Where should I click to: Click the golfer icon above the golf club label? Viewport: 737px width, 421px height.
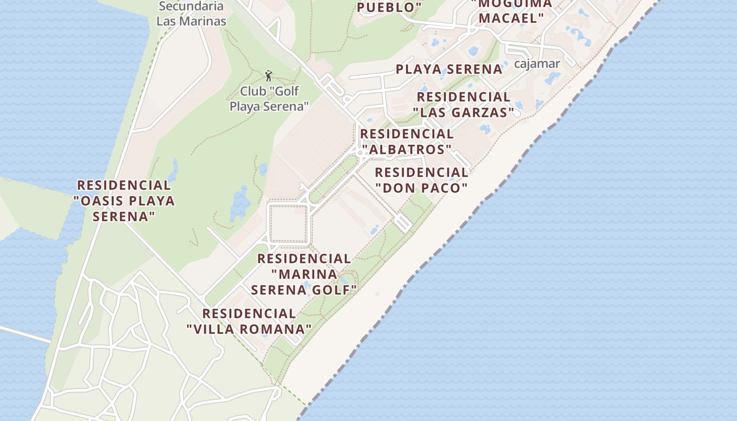tap(268, 76)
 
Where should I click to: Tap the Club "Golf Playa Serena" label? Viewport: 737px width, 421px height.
tap(269, 99)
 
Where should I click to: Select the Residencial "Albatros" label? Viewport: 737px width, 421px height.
tap(406, 142)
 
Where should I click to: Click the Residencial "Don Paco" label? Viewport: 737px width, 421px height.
tap(421, 180)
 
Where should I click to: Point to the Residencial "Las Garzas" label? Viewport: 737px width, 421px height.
tap(463, 105)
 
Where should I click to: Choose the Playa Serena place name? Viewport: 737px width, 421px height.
tap(449, 69)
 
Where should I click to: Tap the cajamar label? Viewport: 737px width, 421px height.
tap(536, 64)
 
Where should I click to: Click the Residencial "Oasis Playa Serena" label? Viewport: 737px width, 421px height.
tap(124, 201)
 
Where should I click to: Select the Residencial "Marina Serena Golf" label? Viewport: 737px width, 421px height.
tap(304, 274)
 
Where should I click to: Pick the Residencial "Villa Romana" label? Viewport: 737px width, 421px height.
tap(249, 322)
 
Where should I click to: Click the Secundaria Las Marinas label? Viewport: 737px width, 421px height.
tap(191, 14)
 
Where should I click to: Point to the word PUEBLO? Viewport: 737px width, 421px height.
tap(387, 7)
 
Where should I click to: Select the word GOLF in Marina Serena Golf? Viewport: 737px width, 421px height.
tap(336, 290)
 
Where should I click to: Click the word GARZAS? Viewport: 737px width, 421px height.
tap(486, 112)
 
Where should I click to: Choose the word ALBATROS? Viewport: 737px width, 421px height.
tap(409, 150)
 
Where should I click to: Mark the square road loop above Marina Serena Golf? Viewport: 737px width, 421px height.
tap(288, 224)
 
